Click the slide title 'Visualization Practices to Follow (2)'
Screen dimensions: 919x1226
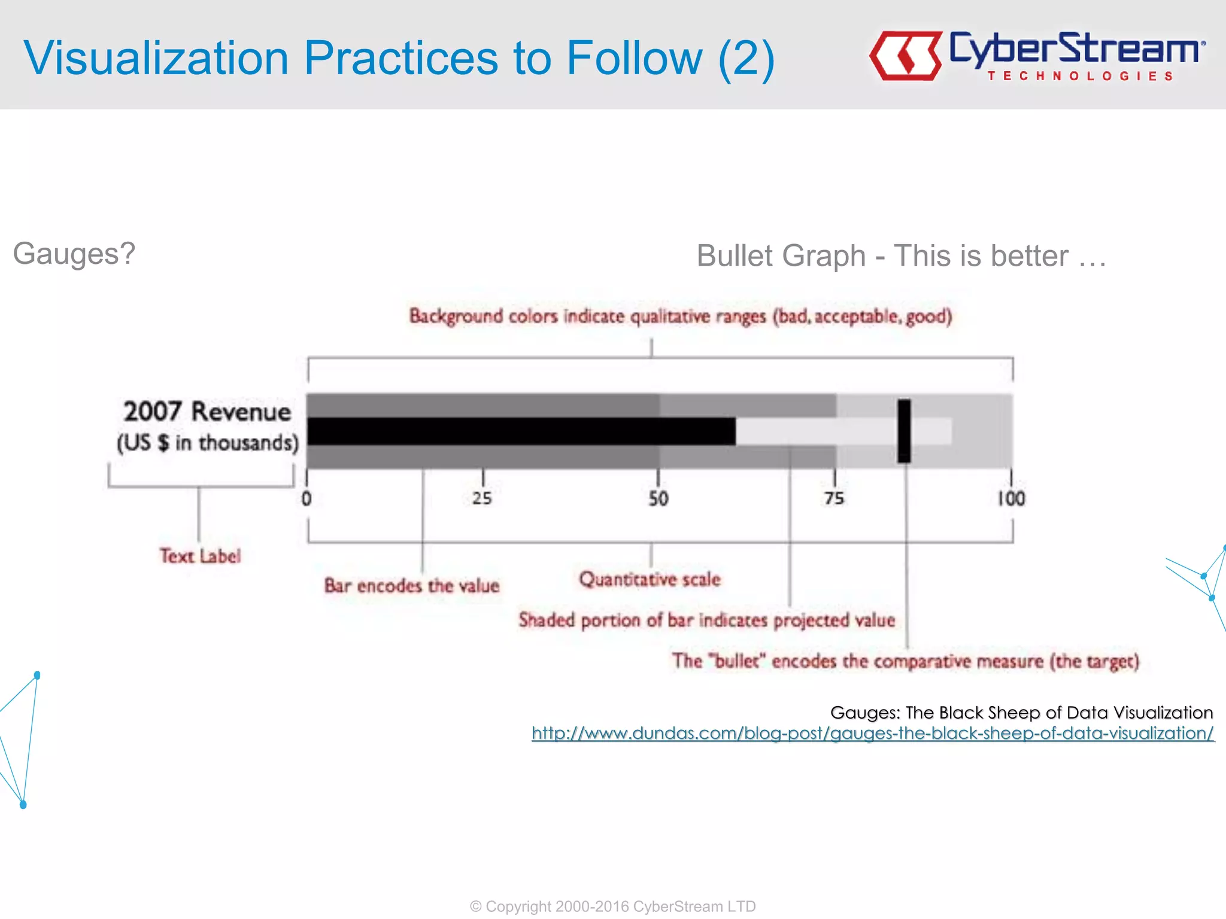399,58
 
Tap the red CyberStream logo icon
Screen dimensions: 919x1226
905,56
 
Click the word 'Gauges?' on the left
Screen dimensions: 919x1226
74,254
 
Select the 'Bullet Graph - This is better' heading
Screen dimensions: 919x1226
901,256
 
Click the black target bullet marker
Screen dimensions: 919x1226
904,431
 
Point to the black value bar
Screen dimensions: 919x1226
521,431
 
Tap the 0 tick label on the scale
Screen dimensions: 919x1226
306,498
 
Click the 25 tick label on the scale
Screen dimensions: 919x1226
482,498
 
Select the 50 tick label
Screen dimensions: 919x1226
658,498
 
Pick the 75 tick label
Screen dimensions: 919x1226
834,498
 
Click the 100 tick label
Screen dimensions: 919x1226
1011,498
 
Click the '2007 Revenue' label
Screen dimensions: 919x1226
207,412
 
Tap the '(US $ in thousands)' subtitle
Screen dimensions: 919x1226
207,443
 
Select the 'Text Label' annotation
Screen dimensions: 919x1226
200,556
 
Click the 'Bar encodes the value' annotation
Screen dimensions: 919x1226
412,585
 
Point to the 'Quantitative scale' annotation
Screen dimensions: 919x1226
650,579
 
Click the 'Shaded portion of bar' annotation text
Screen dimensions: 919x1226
706,620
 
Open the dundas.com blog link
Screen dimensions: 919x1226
873,733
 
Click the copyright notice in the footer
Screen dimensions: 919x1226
612,906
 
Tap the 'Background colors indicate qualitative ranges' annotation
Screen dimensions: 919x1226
681,316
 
